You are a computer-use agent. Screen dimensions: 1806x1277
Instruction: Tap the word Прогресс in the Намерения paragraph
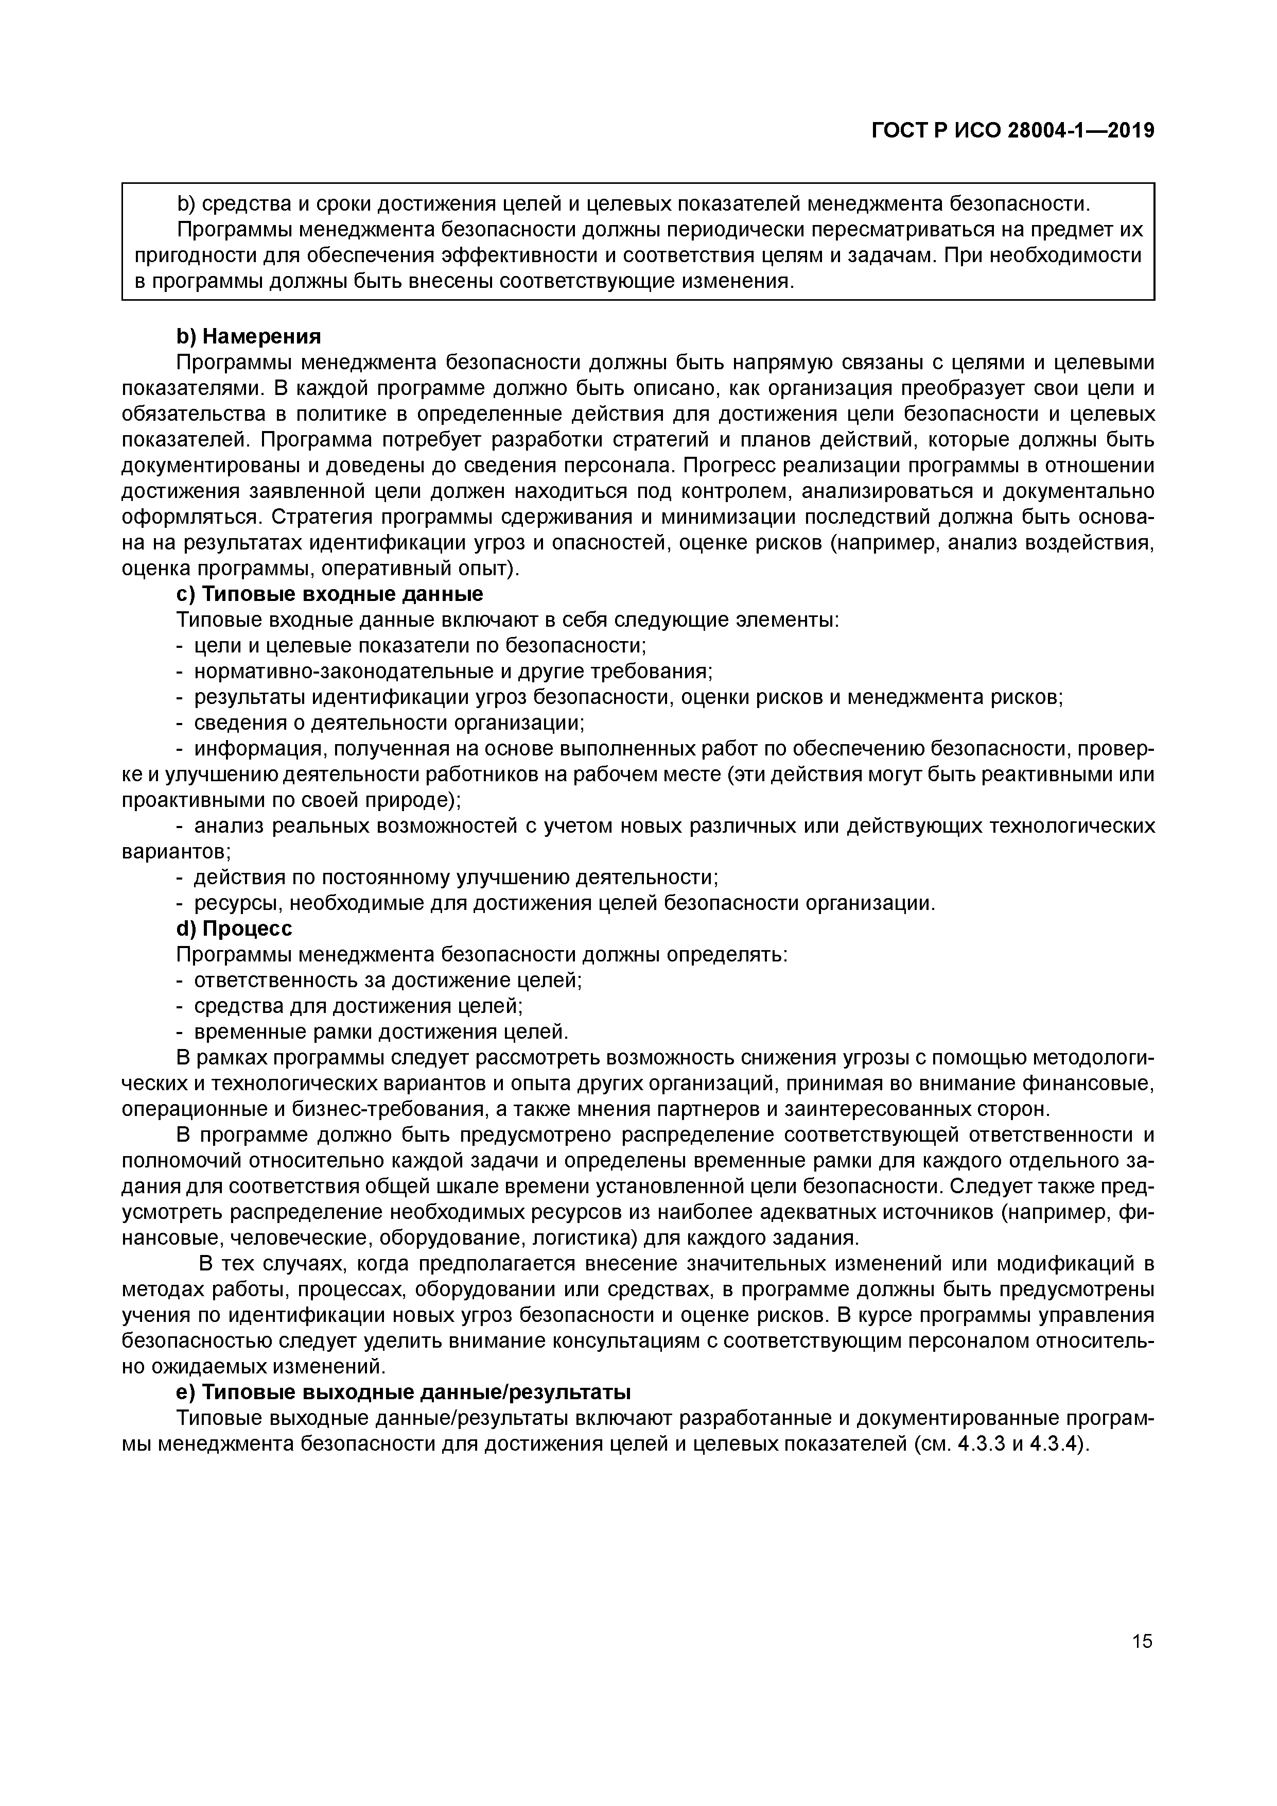[x=726, y=465]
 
